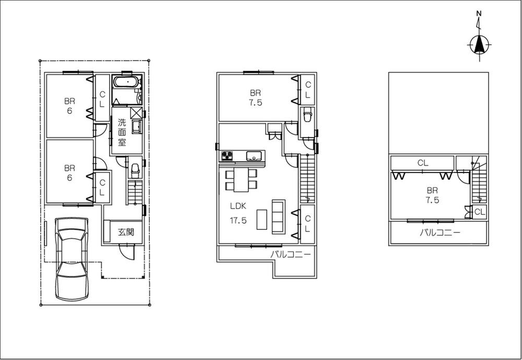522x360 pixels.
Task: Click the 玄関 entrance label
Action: click(126, 232)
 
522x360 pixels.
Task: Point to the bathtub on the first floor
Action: click(126, 83)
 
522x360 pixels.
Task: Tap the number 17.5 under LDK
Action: click(239, 220)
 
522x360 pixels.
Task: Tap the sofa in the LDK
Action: click(277, 216)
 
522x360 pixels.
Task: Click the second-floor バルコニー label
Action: click(291, 254)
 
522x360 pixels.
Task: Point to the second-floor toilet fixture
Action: click(307, 114)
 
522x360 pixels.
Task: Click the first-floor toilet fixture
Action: click(135, 170)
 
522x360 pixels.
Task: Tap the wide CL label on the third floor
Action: click(422, 163)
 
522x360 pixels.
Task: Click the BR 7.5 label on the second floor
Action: click(255, 98)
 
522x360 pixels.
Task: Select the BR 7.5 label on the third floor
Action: click(432, 195)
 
